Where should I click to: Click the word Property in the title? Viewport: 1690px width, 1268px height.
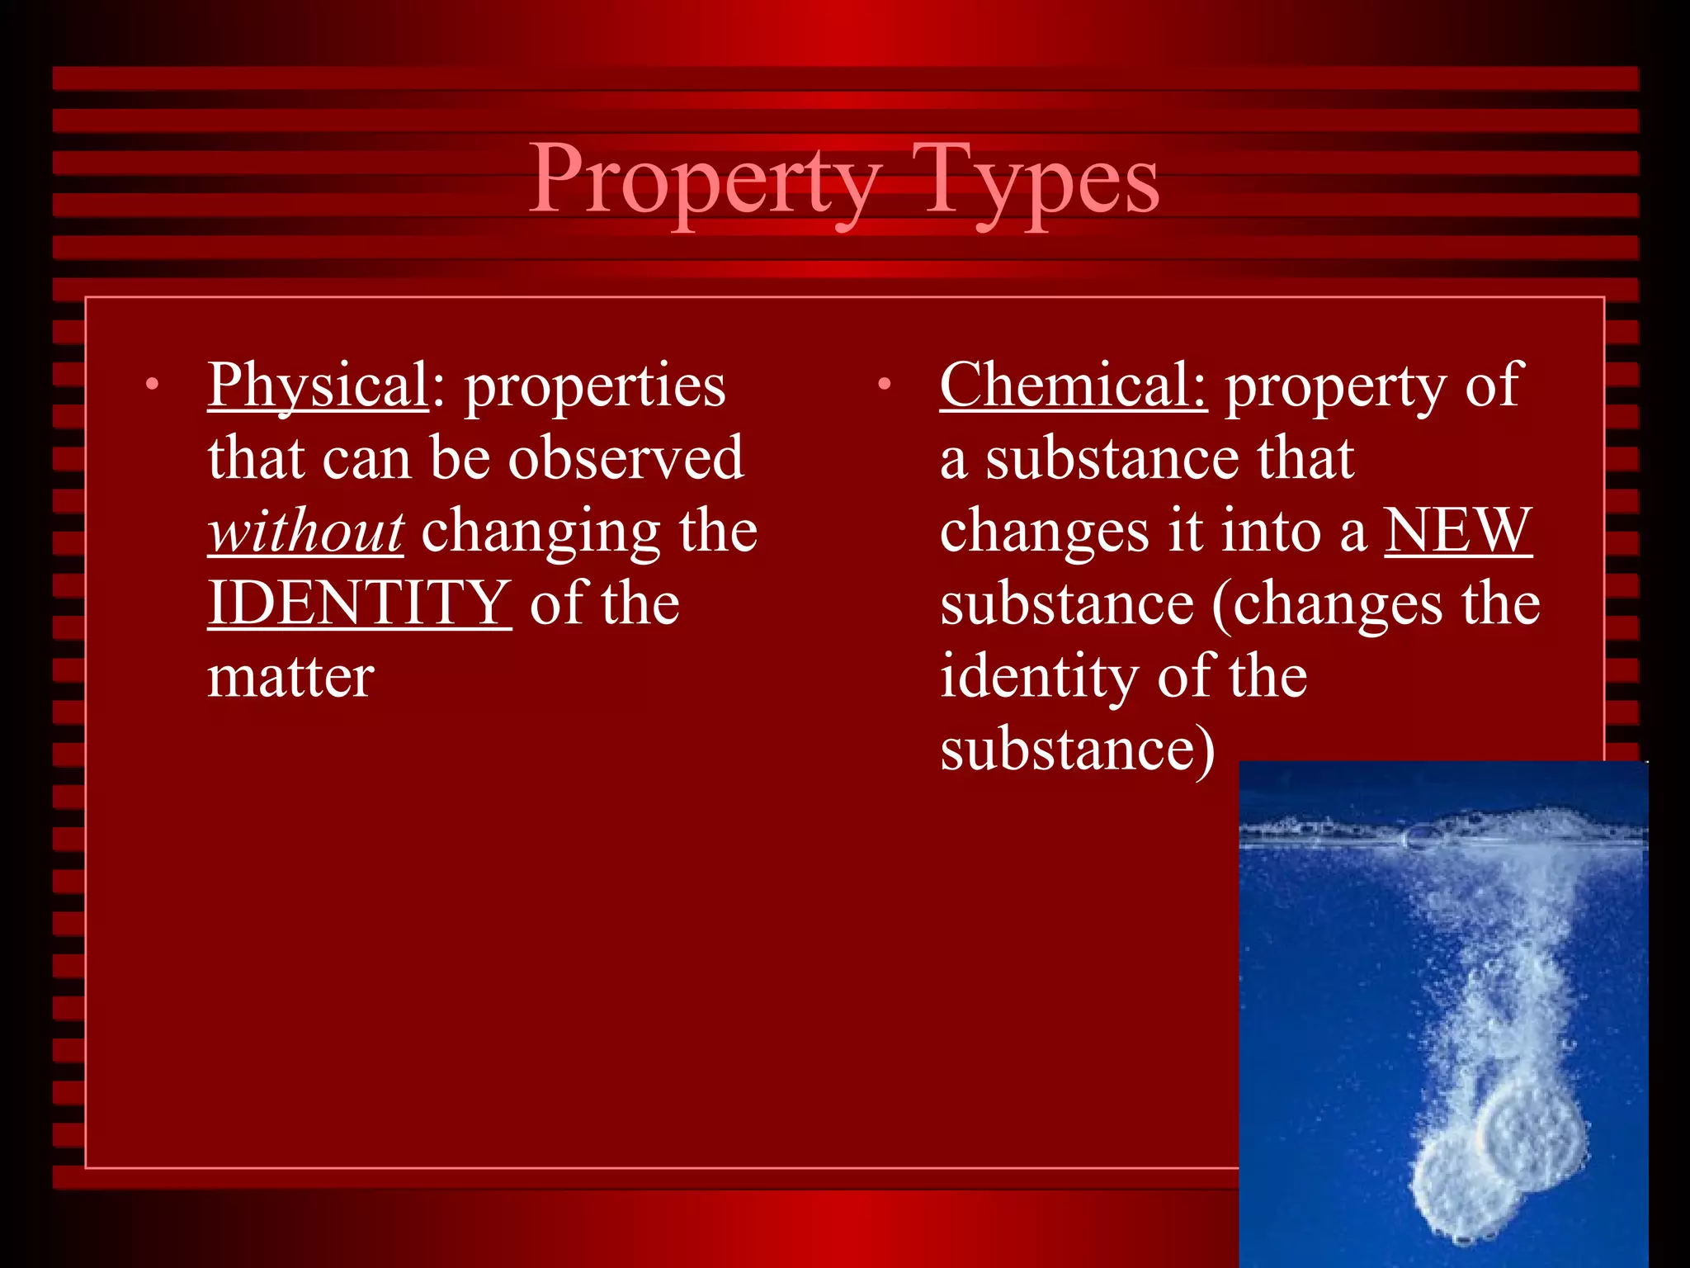click(x=706, y=182)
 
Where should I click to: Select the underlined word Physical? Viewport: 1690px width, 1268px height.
click(x=318, y=386)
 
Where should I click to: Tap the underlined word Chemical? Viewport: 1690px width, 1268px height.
click(x=1073, y=386)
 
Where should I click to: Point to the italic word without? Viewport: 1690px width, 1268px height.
click(x=306, y=532)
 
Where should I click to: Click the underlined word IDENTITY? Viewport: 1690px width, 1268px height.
click(x=359, y=603)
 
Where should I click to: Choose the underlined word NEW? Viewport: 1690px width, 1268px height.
click(x=1457, y=532)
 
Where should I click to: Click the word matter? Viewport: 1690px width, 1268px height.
click(x=290, y=677)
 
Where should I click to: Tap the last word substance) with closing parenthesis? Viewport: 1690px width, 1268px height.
click(x=1077, y=750)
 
